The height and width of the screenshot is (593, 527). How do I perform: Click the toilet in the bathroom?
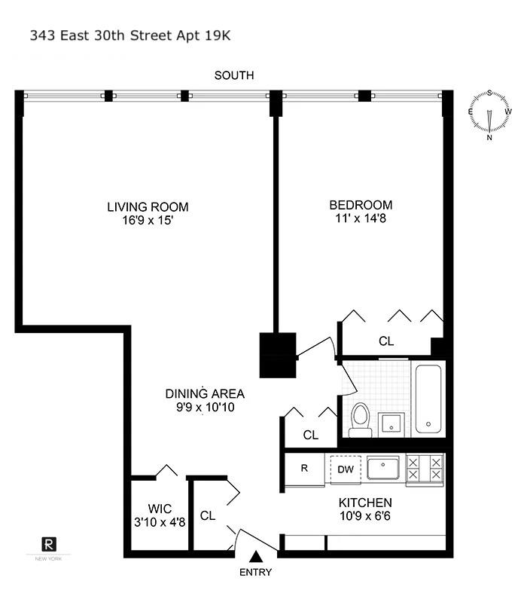[x=360, y=419]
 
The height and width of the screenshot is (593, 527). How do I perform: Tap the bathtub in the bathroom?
[x=428, y=399]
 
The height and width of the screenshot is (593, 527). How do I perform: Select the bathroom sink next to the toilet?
[x=391, y=423]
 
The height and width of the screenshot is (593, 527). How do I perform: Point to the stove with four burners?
[x=425, y=469]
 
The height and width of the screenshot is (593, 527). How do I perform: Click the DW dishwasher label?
[x=345, y=469]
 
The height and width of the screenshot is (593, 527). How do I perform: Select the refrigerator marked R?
[x=304, y=468]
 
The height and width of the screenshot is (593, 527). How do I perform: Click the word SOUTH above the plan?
[x=233, y=75]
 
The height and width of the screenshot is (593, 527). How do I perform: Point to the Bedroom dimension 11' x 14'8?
[x=360, y=219]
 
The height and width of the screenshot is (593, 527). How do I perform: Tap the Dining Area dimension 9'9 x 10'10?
[x=205, y=408]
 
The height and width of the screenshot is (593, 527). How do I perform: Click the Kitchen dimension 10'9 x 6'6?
[x=364, y=517]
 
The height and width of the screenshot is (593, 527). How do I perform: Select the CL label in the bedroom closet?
[x=386, y=341]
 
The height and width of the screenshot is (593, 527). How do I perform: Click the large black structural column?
[x=279, y=354]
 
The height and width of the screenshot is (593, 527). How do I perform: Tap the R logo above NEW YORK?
[x=48, y=544]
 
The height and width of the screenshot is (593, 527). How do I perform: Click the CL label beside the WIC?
[x=208, y=516]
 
